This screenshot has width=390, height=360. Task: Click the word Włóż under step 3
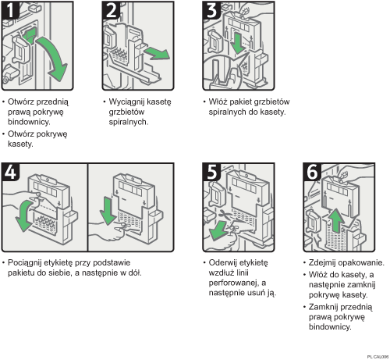[221, 102]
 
